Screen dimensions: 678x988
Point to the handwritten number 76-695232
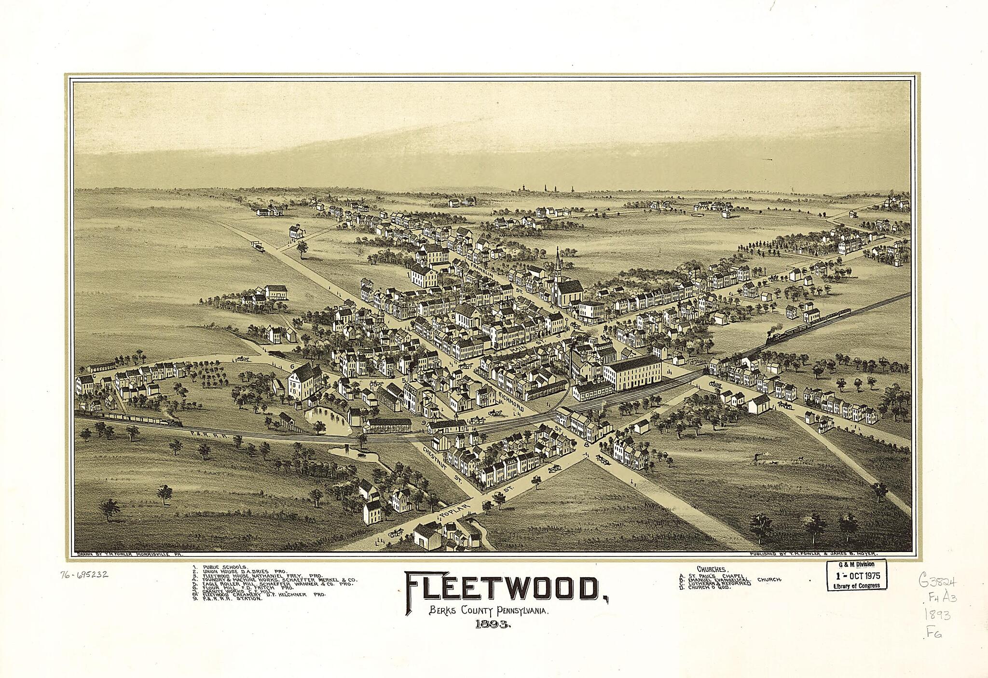click(x=84, y=575)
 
